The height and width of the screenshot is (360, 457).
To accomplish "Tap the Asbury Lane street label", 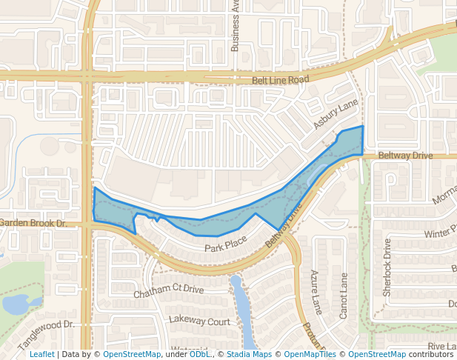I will pos(336,114).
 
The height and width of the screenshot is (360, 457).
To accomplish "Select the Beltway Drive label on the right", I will pos(404,156).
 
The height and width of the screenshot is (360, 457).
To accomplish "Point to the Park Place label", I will pos(225,245).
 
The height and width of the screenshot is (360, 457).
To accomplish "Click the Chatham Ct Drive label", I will pos(168,292).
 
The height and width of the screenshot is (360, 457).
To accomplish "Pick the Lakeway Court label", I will pos(199,321).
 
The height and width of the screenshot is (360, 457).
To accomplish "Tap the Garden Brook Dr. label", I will pos(33,223).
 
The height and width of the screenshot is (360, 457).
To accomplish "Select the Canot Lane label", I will pos(343,296).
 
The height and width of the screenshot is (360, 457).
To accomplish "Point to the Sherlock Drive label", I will pos(387,267).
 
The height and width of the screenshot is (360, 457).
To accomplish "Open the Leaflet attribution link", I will pos(41,355).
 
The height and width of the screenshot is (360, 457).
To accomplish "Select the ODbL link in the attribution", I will pos(200,355).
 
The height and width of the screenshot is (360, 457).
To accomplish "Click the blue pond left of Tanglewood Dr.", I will pos(14,303).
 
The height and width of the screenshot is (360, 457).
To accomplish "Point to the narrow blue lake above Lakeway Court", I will pos(241,304).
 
